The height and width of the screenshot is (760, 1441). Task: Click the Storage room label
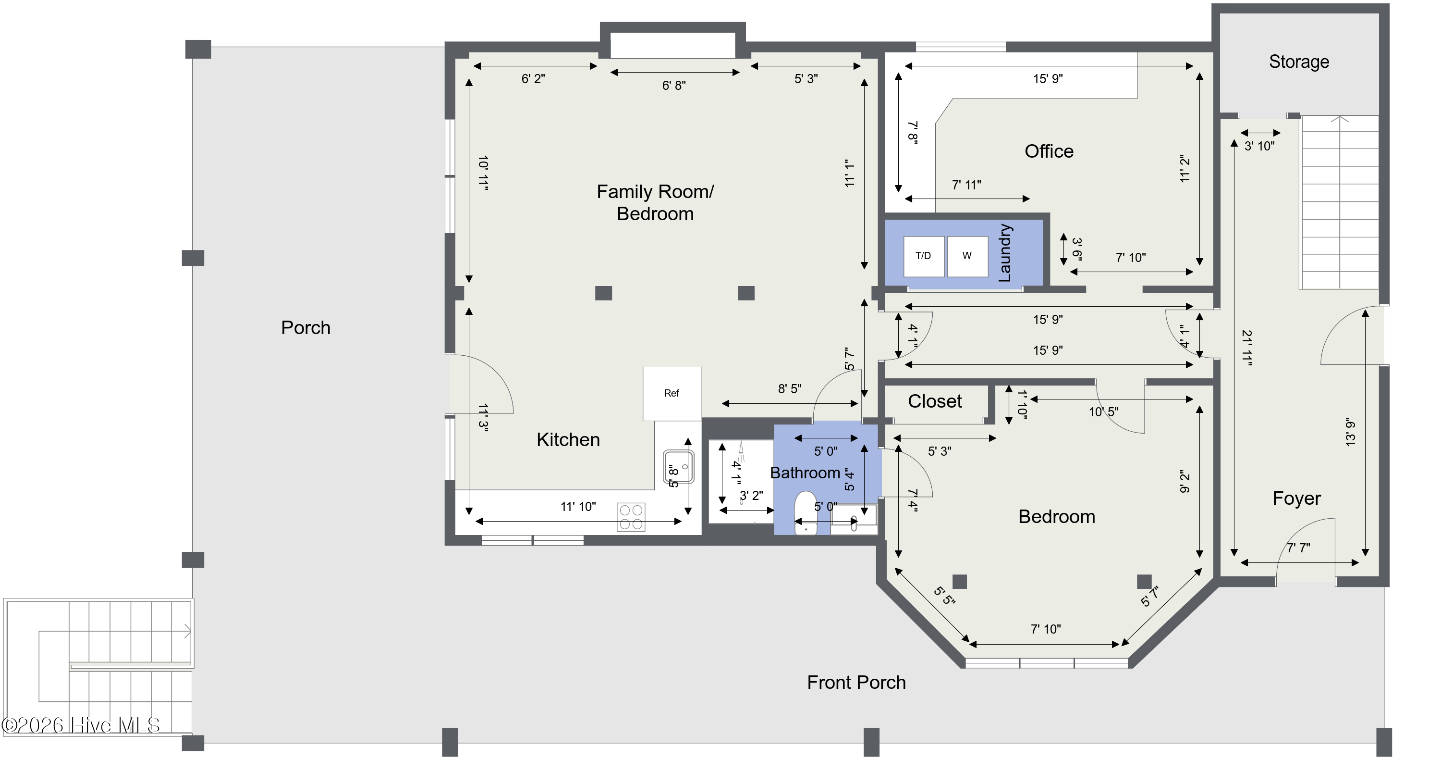[x=1299, y=62]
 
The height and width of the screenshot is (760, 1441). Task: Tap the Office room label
[x=1049, y=151]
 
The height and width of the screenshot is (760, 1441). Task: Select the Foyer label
[x=1297, y=498]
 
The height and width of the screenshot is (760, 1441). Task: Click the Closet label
[x=935, y=401]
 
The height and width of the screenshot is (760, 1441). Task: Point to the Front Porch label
[x=856, y=682]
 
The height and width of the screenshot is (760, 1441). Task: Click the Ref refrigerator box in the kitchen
[x=672, y=393]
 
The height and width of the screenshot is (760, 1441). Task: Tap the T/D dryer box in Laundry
[x=924, y=256]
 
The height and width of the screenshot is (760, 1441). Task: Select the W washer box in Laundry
[x=967, y=256]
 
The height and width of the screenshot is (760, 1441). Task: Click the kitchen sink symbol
[x=679, y=467]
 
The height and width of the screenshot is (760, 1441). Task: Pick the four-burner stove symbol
[x=631, y=517]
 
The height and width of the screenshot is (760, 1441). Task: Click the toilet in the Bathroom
[x=806, y=512]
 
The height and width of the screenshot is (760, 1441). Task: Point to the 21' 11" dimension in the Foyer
[x=1247, y=348]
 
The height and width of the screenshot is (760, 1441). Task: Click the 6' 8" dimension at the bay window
[x=674, y=86]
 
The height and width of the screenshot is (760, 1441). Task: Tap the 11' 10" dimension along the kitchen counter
[x=578, y=507]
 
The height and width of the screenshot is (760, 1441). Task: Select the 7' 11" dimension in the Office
[x=966, y=185]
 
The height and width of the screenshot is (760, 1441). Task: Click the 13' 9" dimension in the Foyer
[x=1351, y=432]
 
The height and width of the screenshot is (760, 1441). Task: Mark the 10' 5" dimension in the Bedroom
[x=1103, y=412]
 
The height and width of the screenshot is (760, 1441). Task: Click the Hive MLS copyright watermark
[x=81, y=725]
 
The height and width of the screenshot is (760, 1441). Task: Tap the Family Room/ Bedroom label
[x=655, y=202]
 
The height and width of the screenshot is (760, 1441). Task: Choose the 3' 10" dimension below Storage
[x=1260, y=146]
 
